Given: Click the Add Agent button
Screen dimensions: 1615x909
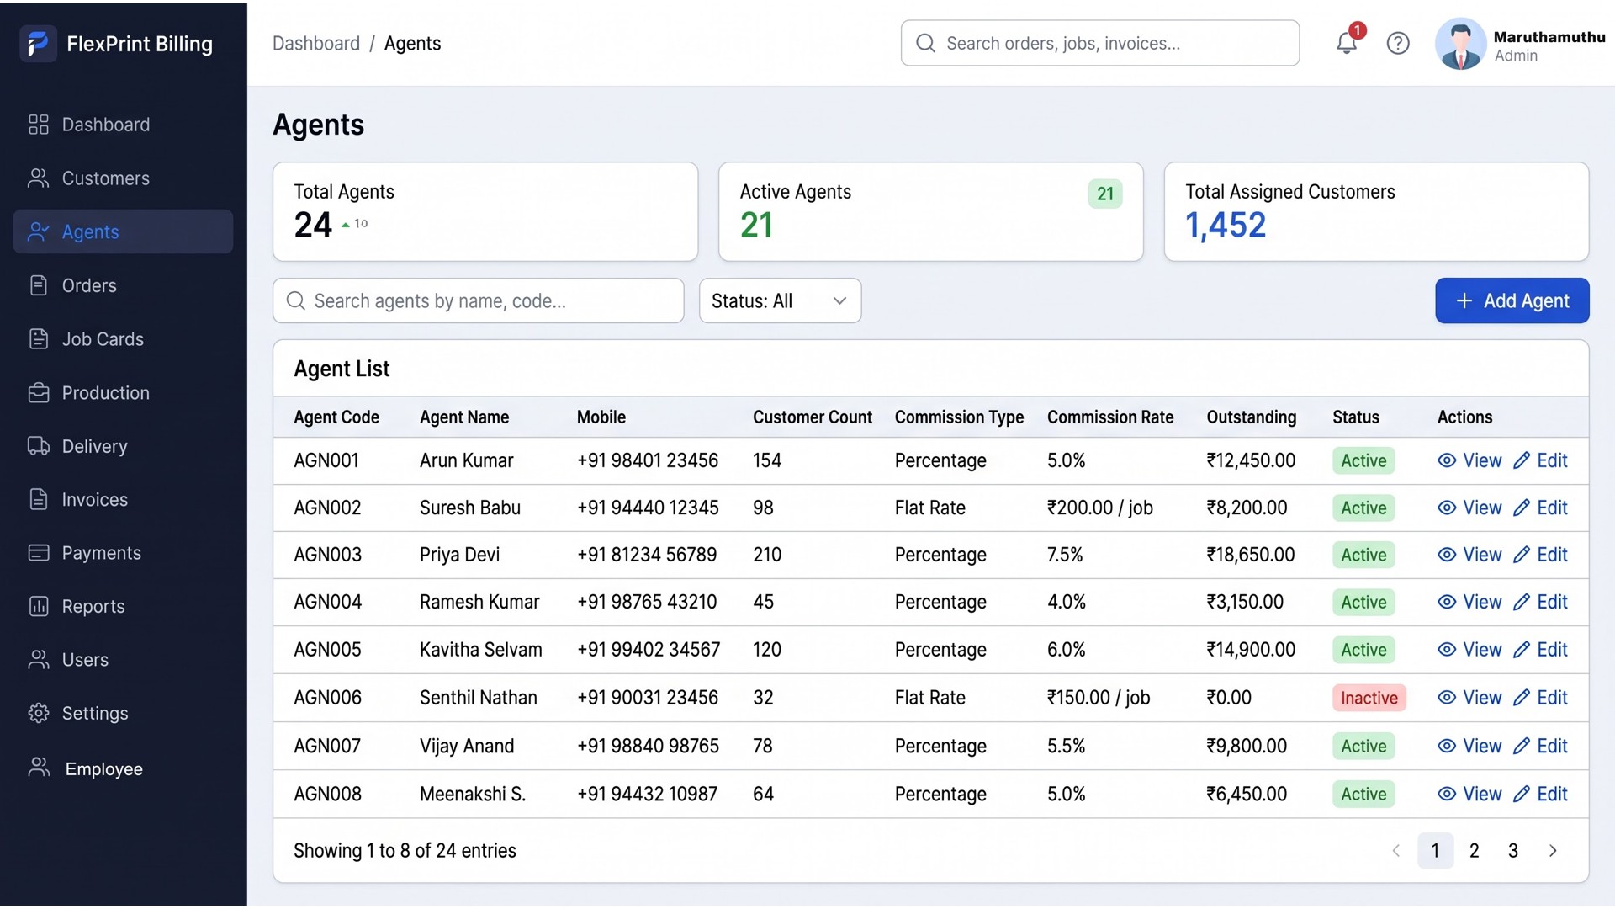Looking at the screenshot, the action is pyautogui.click(x=1512, y=300).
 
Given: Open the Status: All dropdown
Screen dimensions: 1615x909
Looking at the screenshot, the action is pyautogui.click(x=780, y=300).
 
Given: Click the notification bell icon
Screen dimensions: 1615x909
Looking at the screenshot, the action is pyautogui.click(x=1347, y=43).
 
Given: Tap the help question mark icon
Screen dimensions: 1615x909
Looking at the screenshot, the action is pyautogui.click(x=1398, y=43).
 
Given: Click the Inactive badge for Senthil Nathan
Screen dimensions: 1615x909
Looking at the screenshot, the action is pyautogui.click(x=1369, y=698).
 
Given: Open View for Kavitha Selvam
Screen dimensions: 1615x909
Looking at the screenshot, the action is pyautogui.click(x=1469, y=650).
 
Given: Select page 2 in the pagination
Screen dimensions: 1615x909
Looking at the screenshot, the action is pyautogui.click(x=1474, y=851).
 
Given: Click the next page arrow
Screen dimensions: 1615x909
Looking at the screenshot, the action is pyautogui.click(x=1553, y=851).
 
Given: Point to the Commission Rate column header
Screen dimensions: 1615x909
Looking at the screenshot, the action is pyautogui.click(x=1110, y=417).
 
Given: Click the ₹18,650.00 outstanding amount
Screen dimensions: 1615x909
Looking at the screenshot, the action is pyautogui.click(x=1251, y=555).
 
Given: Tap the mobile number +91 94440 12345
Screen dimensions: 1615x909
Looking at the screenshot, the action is pyautogui.click(x=648, y=508).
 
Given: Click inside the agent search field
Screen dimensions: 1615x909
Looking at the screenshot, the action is pyautogui.click(x=478, y=300).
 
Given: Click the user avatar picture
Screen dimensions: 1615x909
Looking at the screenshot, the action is pyautogui.click(x=1460, y=44).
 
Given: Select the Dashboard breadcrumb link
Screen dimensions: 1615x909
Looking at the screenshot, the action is pyautogui.click(x=315, y=44).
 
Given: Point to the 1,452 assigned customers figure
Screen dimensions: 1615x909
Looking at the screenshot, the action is pyautogui.click(x=1226, y=226).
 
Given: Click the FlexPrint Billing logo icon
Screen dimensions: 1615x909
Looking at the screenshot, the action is pyautogui.click(x=38, y=44).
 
